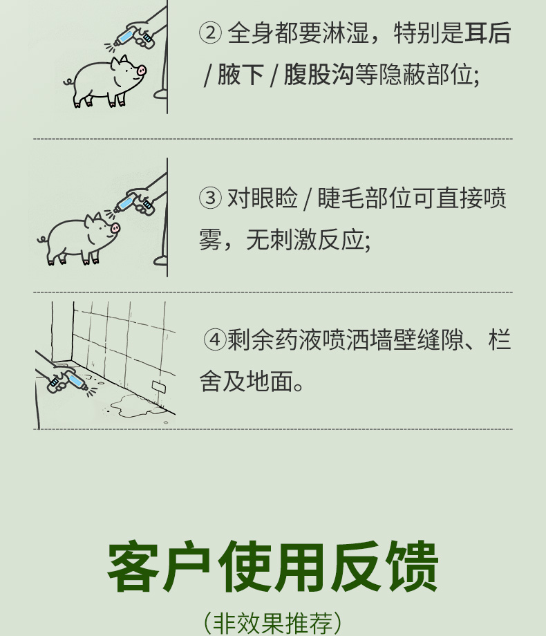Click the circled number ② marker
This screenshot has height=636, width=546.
pyautogui.click(x=210, y=32)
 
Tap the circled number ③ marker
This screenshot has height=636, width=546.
pyautogui.click(x=210, y=198)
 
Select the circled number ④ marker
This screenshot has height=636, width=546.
pyautogui.click(x=214, y=339)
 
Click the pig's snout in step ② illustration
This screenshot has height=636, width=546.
pyautogui.click(x=141, y=71)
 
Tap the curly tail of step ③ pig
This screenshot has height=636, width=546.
pyautogui.click(x=41, y=240)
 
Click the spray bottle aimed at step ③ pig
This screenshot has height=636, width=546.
pyautogui.click(x=127, y=203)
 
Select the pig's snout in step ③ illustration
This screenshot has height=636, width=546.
pyautogui.click(x=115, y=228)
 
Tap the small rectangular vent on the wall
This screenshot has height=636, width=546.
pyautogui.click(x=158, y=386)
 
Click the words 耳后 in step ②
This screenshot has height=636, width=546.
pyautogui.click(x=487, y=32)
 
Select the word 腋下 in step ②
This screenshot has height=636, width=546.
pyautogui.click(x=241, y=75)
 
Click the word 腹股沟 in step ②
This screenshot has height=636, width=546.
pyautogui.click(x=319, y=75)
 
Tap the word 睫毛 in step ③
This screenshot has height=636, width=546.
pyautogui.click(x=341, y=198)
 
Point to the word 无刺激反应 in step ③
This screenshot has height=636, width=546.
pyautogui.click(x=305, y=239)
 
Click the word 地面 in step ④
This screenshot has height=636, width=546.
pyautogui.click(x=270, y=382)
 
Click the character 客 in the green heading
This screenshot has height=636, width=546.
pyautogui.click(x=134, y=566)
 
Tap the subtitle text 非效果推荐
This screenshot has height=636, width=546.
pyautogui.click(x=272, y=623)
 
